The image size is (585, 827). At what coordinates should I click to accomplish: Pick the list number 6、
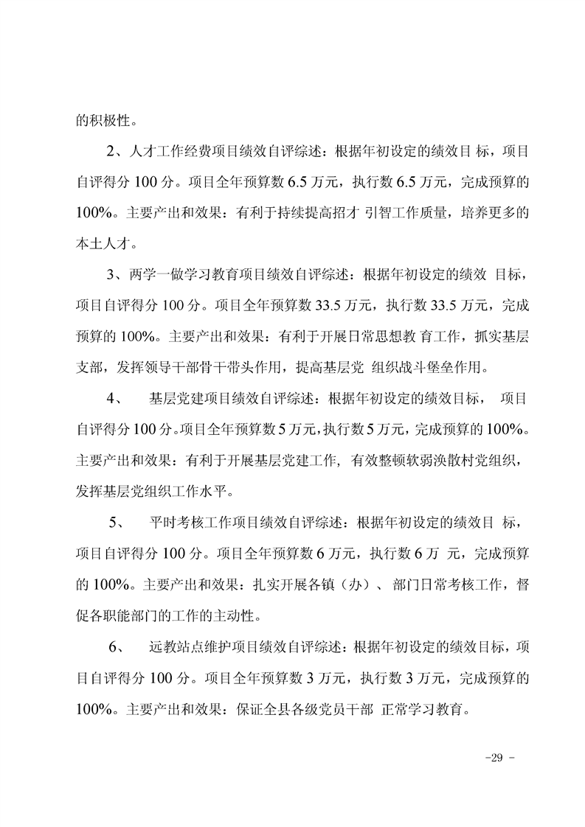coord(118,649)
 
